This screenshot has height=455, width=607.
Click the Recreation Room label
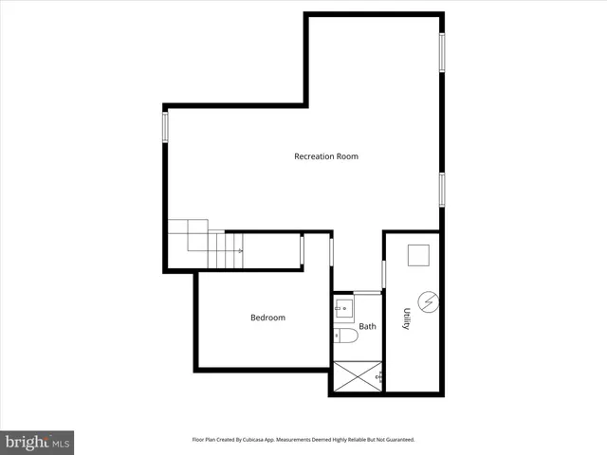tap(326, 156)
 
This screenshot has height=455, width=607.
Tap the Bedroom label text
tap(267, 318)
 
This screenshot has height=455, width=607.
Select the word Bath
tap(367, 327)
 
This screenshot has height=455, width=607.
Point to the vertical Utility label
tap(406, 318)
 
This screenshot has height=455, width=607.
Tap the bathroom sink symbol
tap(343, 307)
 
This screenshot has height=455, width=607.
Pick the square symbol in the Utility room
tap(417, 256)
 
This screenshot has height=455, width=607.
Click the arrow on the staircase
tap(240, 251)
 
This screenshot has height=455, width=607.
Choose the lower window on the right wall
tap(441, 189)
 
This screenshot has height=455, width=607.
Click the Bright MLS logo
tap(37, 442)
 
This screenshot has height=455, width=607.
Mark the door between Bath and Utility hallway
tap(383, 275)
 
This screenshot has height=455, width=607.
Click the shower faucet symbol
tap(379, 378)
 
